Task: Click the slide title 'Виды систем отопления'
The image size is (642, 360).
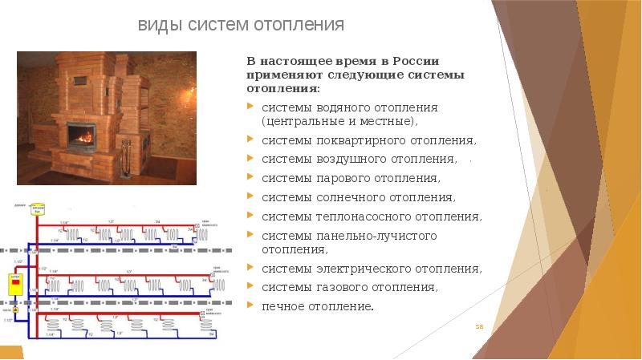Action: (242, 25)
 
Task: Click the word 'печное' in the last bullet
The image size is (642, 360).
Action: (280, 306)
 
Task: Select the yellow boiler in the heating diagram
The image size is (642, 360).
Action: (13, 283)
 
